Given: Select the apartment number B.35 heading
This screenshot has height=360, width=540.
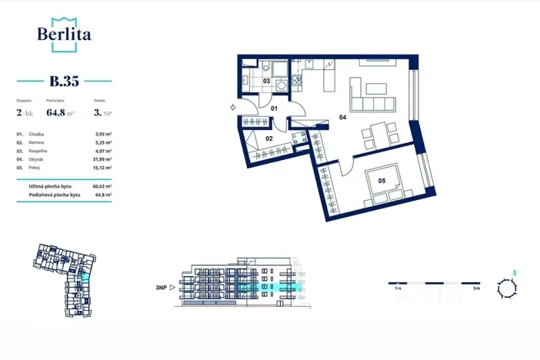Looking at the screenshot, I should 65,80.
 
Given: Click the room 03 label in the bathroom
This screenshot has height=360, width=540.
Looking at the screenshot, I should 266,80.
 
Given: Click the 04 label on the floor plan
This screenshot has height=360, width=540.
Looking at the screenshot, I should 342,118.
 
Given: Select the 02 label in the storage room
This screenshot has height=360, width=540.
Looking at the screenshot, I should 269,138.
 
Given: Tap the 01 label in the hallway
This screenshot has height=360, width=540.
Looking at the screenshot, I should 273,108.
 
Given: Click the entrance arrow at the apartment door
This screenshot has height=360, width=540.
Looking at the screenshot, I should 233,108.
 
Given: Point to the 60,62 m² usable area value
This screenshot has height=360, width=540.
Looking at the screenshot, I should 102,186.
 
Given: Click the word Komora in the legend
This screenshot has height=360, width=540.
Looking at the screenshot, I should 35,142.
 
